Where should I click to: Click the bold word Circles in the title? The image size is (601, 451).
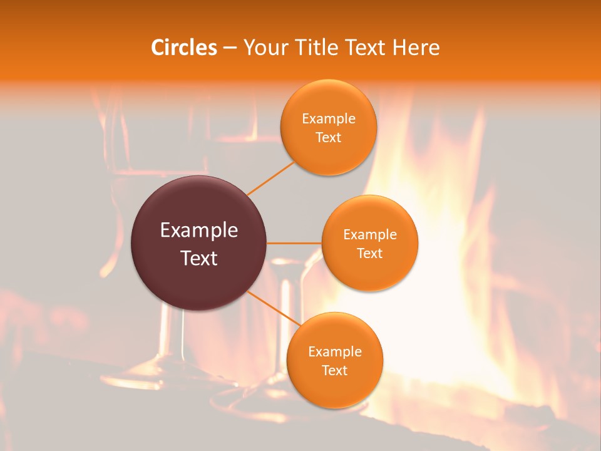(183, 48)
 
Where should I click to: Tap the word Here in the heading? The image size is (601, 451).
(416, 48)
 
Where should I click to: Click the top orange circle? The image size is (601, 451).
(328, 127)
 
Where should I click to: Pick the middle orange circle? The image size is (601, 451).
(370, 243)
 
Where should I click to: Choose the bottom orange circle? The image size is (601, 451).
(334, 360)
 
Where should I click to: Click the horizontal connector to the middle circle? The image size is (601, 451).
(294, 243)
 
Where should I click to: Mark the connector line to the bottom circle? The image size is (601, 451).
(273, 308)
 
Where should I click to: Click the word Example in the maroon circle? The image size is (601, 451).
(199, 231)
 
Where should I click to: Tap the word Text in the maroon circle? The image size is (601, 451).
(199, 258)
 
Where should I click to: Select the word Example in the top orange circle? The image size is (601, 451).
(329, 119)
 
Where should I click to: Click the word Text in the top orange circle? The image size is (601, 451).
(328, 137)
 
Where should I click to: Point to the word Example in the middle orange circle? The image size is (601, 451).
(370, 235)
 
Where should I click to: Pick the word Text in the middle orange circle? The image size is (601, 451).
(370, 253)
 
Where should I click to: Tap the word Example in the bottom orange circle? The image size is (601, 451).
(335, 352)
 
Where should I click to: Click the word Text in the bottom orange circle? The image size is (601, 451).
(334, 370)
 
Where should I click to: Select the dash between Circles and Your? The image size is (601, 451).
(230, 48)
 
